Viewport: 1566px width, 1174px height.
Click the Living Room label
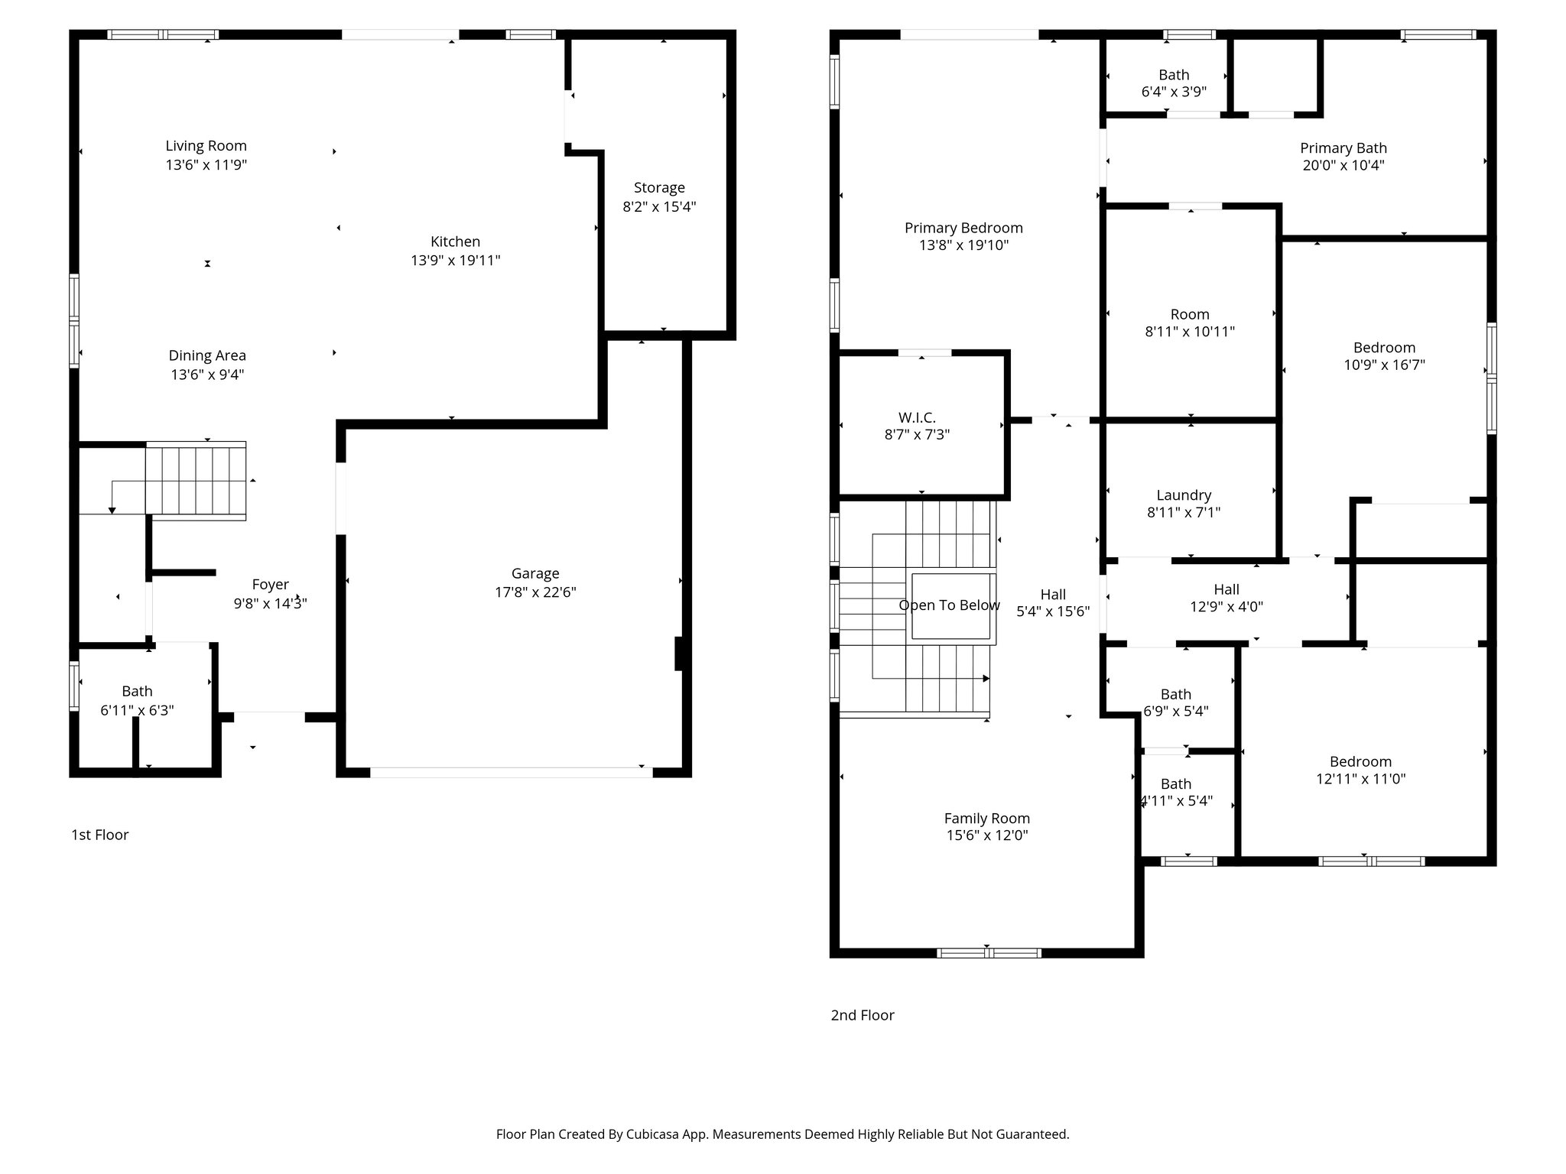tap(206, 145)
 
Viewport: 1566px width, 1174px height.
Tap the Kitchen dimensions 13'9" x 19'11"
tap(455, 261)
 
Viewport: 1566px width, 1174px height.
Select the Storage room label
tap(658, 187)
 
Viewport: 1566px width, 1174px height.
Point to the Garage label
tap(535, 573)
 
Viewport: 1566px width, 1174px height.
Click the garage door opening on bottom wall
tap(511, 773)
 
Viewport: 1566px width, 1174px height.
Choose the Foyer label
tap(270, 585)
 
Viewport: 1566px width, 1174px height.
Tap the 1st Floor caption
tap(99, 835)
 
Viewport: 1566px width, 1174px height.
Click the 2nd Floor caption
tap(862, 1015)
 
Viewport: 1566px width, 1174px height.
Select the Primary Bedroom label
tap(963, 228)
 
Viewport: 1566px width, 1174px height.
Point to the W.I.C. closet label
tap(917, 417)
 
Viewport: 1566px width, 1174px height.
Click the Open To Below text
tap(949, 605)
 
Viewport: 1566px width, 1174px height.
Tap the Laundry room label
tap(1184, 495)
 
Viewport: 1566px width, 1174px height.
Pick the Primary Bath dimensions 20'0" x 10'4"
tap(1343, 166)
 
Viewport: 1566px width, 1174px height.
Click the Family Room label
tap(986, 818)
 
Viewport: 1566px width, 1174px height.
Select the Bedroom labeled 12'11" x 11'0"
tap(1360, 761)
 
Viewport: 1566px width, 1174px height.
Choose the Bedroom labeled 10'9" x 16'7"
tap(1384, 348)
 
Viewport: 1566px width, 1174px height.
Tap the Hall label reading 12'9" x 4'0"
tap(1226, 589)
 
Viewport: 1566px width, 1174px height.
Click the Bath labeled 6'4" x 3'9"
tap(1174, 75)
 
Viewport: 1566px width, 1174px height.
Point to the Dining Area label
tap(207, 355)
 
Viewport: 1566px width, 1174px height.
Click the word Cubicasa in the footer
tap(654, 1134)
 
